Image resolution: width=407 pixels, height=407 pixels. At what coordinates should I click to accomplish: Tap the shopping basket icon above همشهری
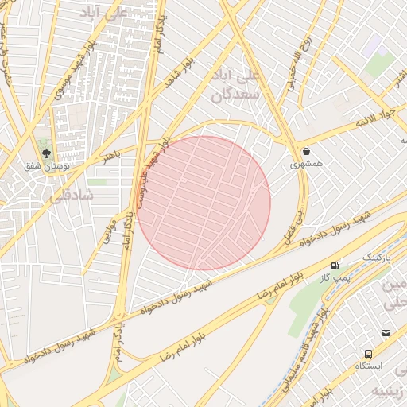pyautogui.click(x=306, y=151)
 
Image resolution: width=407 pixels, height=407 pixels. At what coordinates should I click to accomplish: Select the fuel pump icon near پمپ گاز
pyautogui.click(x=335, y=266)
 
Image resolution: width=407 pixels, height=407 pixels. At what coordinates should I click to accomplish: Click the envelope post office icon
pyautogui.click(x=386, y=333)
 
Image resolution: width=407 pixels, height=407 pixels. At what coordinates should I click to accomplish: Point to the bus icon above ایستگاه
pyautogui.click(x=368, y=353)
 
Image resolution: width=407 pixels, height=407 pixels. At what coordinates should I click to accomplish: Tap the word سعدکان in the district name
pyautogui.click(x=236, y=95)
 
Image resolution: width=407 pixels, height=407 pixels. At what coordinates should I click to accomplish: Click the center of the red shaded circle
pyautogui.click(x=203, y=203)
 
